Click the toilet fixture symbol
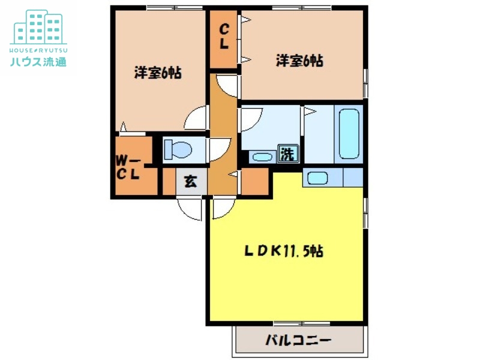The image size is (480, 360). (x=177, y=148)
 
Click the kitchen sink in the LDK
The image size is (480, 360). (x=316, y=178)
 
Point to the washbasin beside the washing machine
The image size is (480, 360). (x=261, y=157)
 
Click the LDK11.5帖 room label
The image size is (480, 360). (x=284, y=251)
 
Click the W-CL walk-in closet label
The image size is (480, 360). (x=128, y=167)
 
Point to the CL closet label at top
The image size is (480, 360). (x=223, y=35)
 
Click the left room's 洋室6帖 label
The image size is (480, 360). (x=158, y=73)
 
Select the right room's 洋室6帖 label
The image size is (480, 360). (x=300, y=61)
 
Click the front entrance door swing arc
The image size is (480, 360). (x=191, y=209)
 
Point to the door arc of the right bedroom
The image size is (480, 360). (x=228, y=86)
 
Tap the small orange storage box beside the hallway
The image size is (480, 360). (x=254, y=182)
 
